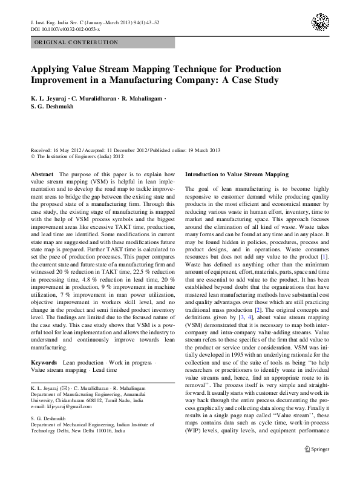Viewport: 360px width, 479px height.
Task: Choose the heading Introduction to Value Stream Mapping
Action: [x=237, y=174]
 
